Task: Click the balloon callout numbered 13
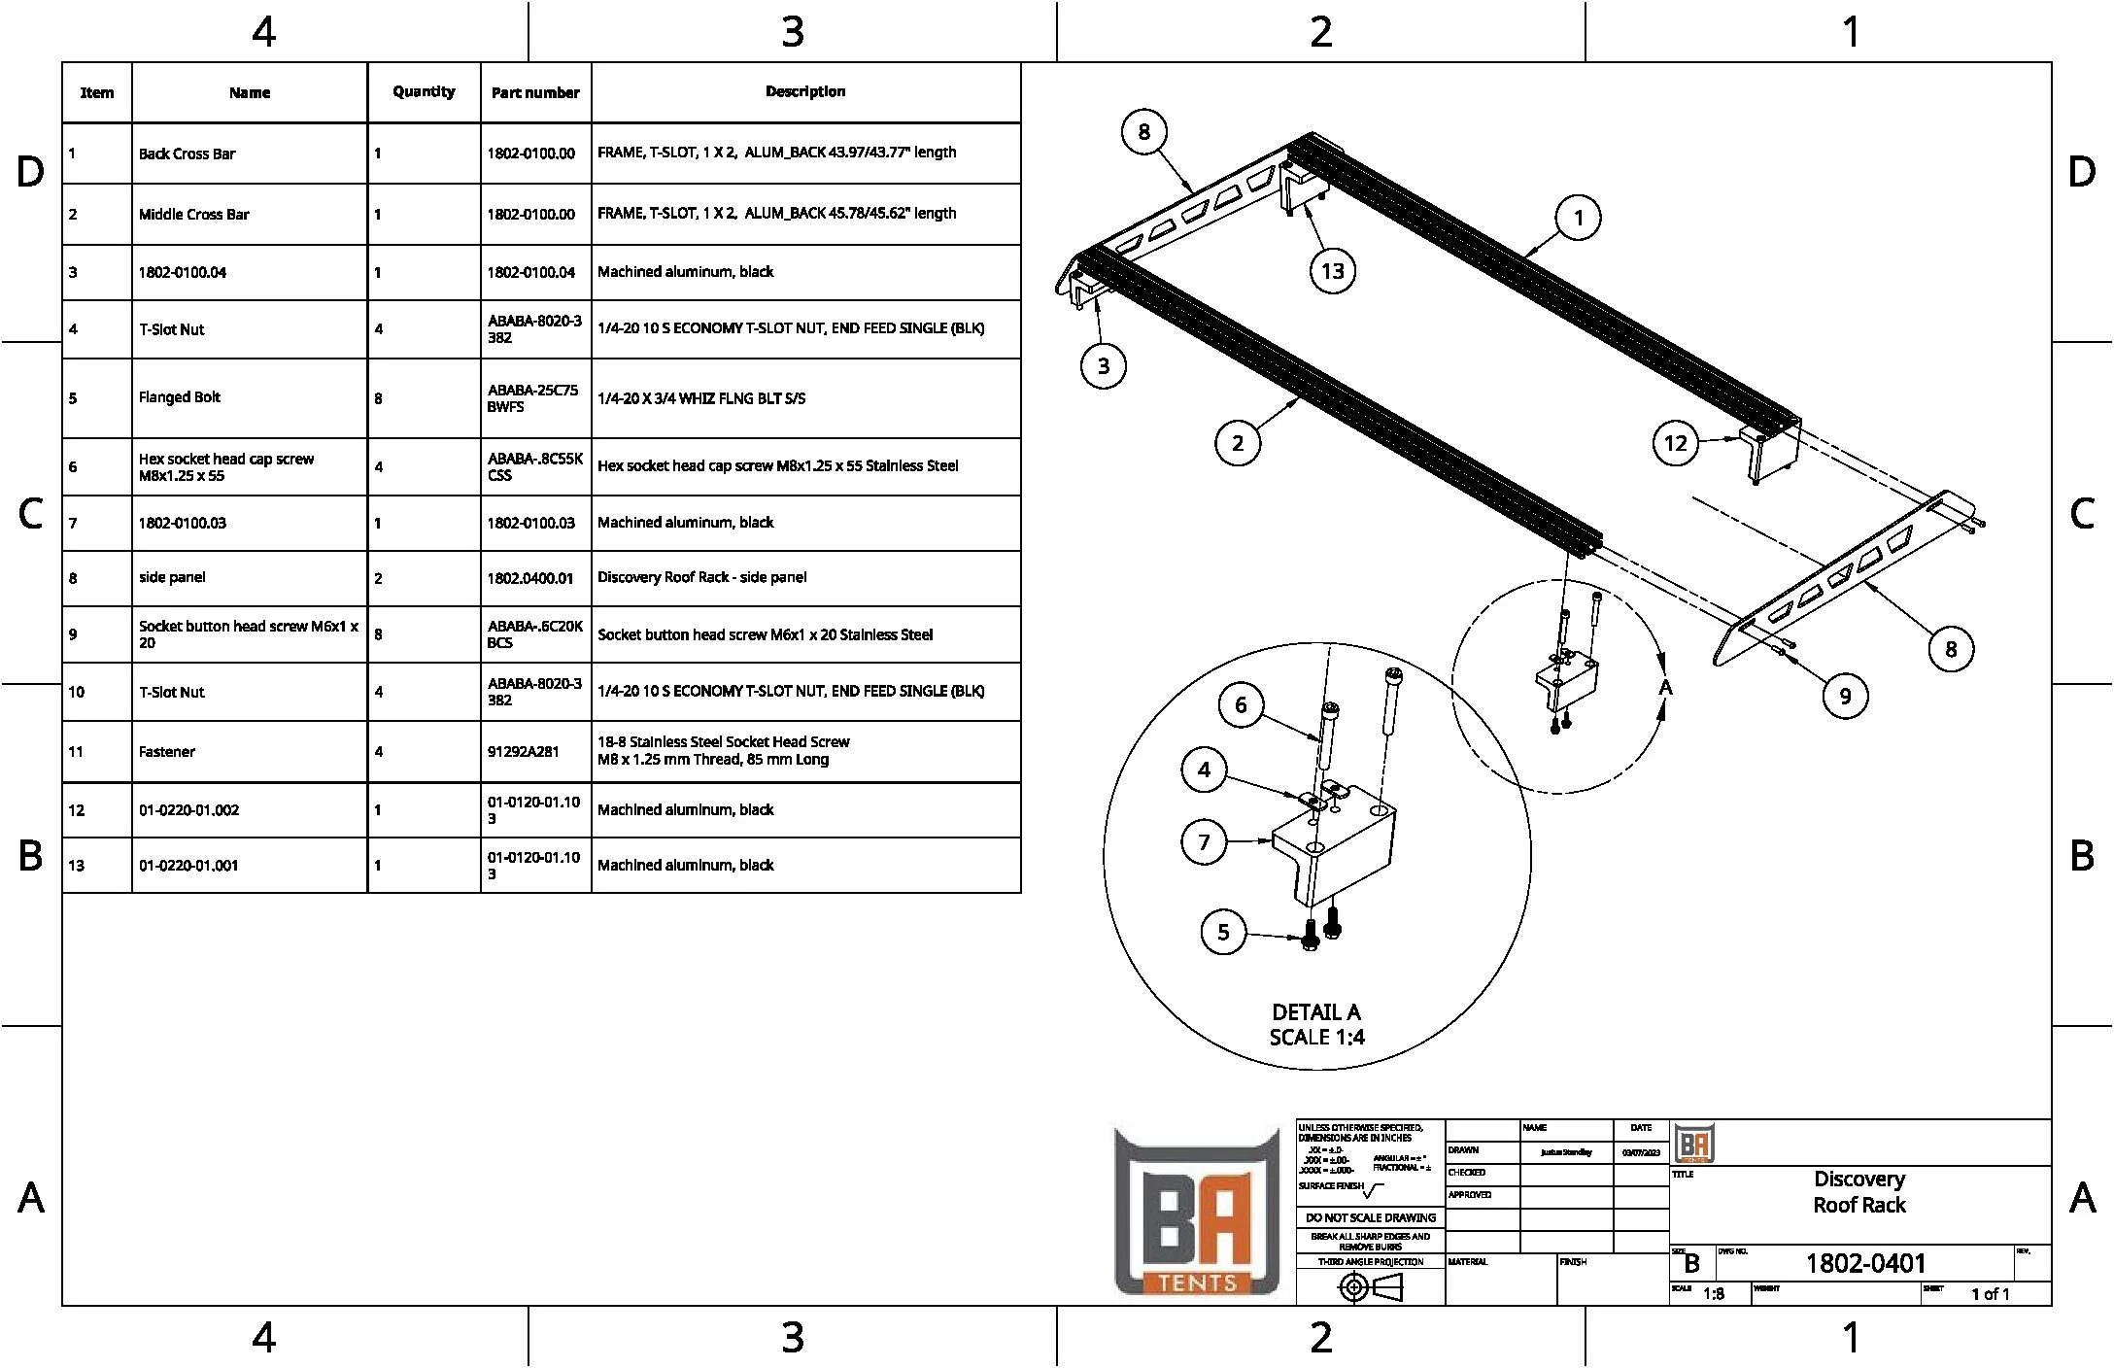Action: click(1332, 271)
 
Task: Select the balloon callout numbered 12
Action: click(1675, 443)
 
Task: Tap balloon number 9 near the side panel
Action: click(1845, 696)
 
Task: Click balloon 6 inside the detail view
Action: click(1241, 704)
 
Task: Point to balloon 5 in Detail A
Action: click(1223, 932)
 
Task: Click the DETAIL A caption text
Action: click(1316, 1012)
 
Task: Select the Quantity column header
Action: click(424, 91)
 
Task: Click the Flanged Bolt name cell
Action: click(180, 397)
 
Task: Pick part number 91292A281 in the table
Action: click(524, 751)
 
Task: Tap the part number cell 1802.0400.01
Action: click(530, 578)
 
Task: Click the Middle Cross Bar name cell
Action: click(194, 214)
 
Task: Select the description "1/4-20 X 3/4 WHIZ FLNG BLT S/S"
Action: click(701, 398)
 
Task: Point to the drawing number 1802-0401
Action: click(1865, 1263)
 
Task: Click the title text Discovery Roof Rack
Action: click(1859, 1192)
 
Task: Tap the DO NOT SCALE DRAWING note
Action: click(1371, 1217)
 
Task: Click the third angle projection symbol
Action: click(1371, 1287)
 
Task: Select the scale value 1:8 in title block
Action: click(1714, 1294)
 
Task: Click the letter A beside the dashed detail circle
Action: click(1665, 688)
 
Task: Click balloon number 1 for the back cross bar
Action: click(1579, 218)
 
